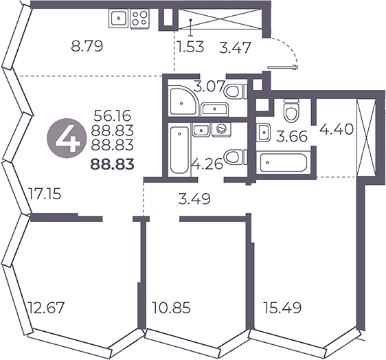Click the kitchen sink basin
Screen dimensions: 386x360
pyautogui.click(x=119, y=19)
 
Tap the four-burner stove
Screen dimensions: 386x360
pyautogui.click(x=139, y=19)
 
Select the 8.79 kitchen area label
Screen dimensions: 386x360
pyautogui.click(x=87, y=47)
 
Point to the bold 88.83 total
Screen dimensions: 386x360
pyautogui.click(x=113, y=164)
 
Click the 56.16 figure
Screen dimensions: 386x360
pyautogui.click(x=113, y=116)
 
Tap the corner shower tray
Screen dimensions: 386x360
pyautogui.click(x=183, y=101)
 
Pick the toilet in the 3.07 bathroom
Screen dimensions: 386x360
pyautogui.click(x=235, y=91)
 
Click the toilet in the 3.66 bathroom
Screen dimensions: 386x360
pyautogui.click(x=291, y=111)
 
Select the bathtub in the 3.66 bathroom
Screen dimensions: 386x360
pyautogui.click(x=282, y=163)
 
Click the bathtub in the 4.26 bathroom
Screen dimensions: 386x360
pyautogui.click(x=179, y=150)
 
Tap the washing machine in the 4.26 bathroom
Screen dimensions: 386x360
pyautogui.click(x=222, y=129)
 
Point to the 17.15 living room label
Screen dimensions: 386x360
pyautogui.click(x=45, y=193)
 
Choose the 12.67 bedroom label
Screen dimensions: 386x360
pyautogui.click(x=46, y=308)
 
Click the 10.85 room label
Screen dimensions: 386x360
pyautogui.click(x=171, y=308)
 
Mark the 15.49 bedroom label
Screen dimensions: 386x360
pyautogui.click(x=282, y=308)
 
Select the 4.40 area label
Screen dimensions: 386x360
pyautogui.click(x=337, y=129)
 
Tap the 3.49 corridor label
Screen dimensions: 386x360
pyautogui.click(x=194, y=199)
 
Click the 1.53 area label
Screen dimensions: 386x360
pyautogui.click(x=191, y=47)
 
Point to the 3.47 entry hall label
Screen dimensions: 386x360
pyautogui.click(x=235, y=47)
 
